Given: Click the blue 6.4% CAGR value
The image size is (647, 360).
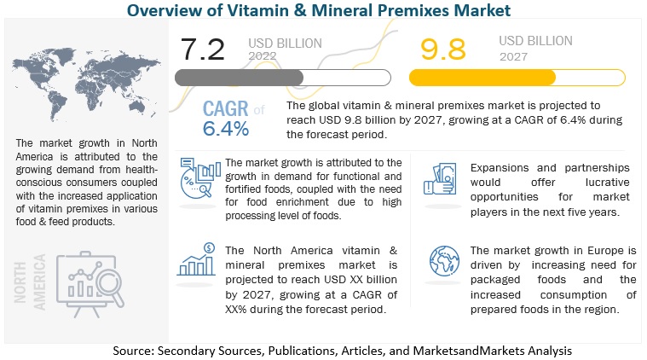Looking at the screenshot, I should [226, 128].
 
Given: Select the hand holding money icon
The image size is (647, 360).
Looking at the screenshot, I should [434, 180].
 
